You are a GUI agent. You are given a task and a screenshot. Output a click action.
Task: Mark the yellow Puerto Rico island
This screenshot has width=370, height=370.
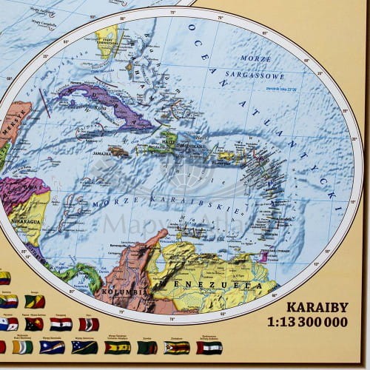pyautogui.click(x=224, y=156)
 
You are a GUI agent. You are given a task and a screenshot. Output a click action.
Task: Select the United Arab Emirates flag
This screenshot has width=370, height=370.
pyautogui.click(x=209, y=347)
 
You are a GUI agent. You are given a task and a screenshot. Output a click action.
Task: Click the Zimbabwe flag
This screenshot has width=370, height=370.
pyautogui.click(x=176, y=347)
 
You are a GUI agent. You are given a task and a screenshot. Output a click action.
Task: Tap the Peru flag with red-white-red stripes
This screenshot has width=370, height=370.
pyautogui.click(x=89, y=324)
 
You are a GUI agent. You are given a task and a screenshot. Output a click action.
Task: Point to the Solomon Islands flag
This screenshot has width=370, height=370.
pyautogui.click(x=84, y=347)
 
